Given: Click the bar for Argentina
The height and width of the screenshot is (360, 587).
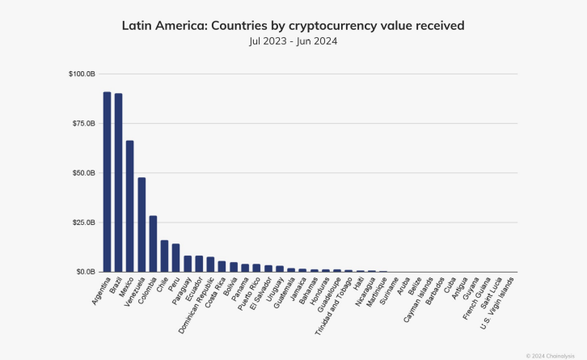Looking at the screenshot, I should click(107, 182).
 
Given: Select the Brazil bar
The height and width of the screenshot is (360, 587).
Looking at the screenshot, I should click(118, 183).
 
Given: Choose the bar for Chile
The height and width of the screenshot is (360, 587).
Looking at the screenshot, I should click(164, 256).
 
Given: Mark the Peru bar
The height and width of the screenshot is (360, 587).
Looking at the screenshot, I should click(175, 257).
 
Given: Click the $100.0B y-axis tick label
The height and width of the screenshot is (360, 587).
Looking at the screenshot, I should click(81, 74).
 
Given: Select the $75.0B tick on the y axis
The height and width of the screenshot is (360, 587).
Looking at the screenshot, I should click(82, 124).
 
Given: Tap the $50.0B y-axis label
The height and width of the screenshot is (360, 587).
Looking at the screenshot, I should click(82, 173).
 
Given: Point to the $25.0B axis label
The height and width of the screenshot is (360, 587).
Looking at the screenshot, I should click(82, 222).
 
